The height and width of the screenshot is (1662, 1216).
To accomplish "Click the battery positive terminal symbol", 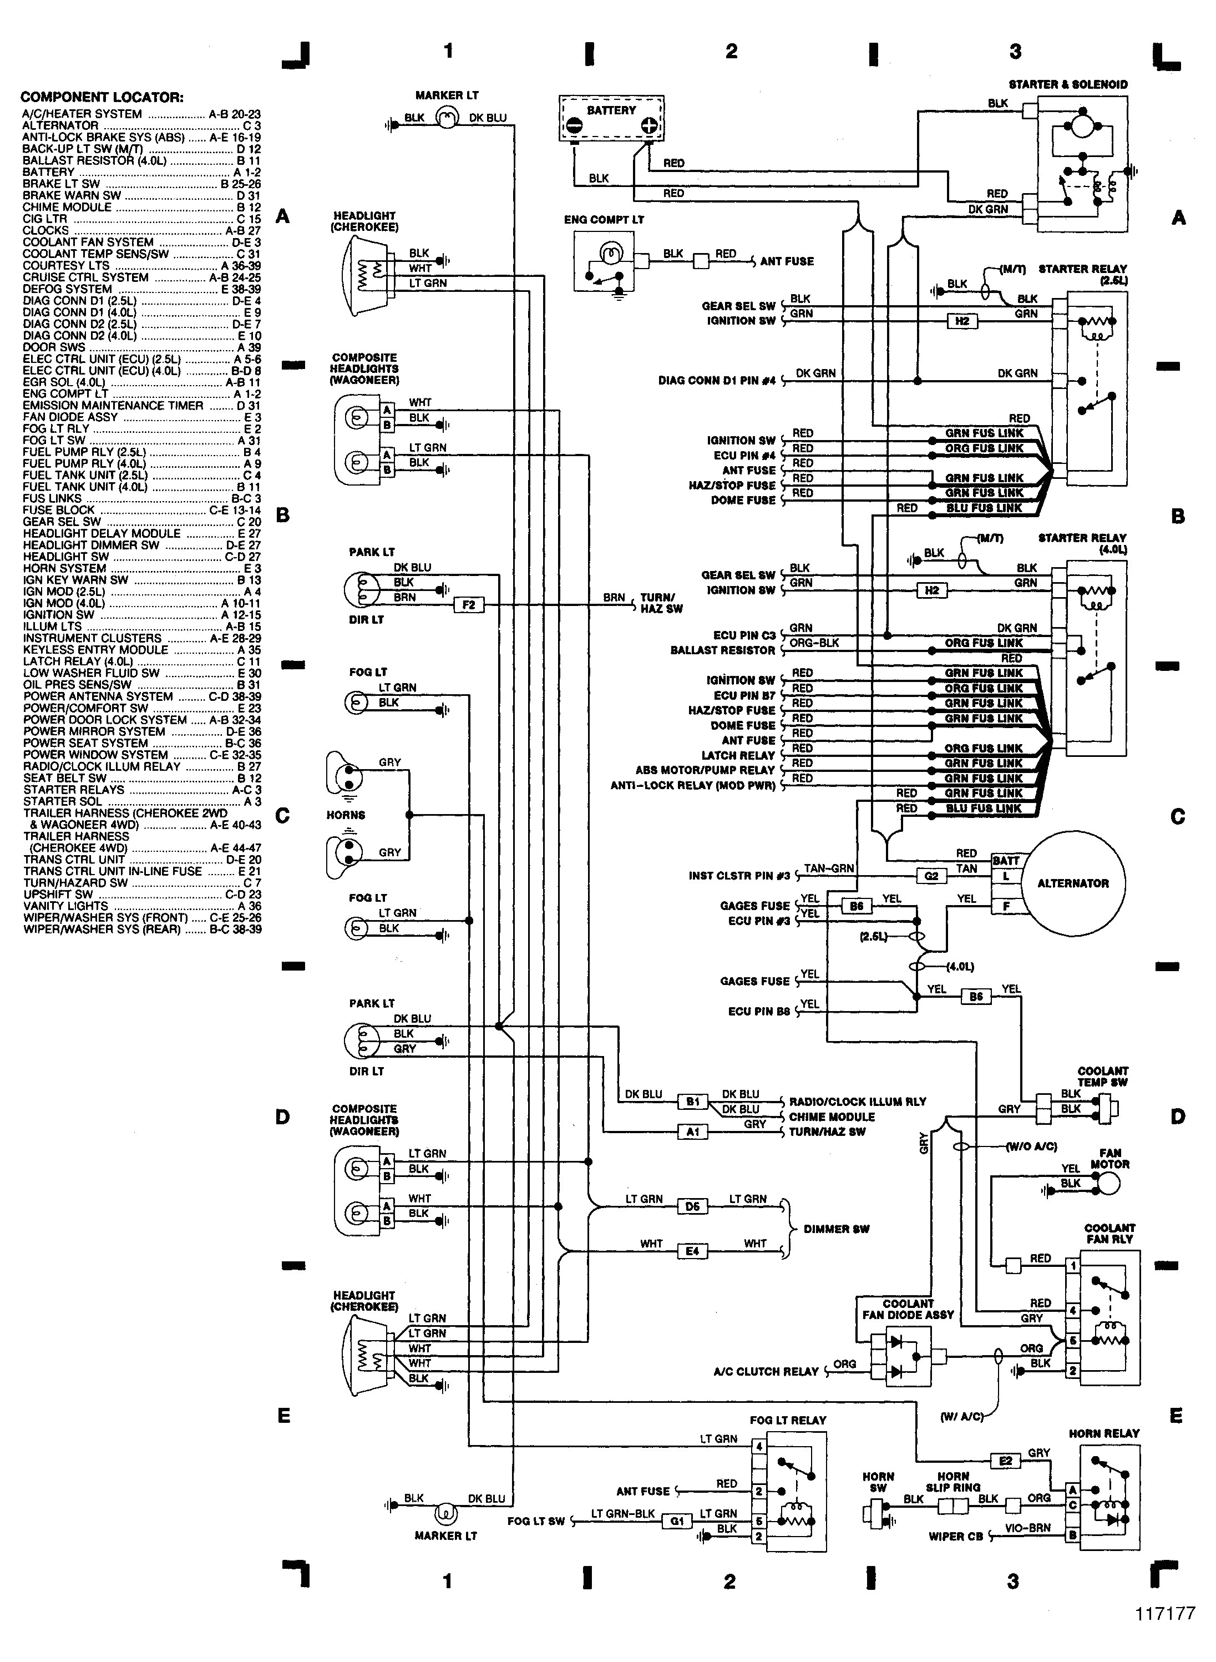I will tap(648, 125).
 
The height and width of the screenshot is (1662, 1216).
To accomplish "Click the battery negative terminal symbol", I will tap(575, 125).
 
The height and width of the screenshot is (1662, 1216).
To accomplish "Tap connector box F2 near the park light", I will tap(469, 605).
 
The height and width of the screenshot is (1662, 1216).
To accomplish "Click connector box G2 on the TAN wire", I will tap(931, 876).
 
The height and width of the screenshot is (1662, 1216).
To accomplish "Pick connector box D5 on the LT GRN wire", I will tap(692, 1206).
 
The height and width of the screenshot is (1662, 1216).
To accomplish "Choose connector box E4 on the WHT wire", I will tap(692, 1251).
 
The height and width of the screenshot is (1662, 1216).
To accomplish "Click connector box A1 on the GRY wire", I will tap(692, 1132).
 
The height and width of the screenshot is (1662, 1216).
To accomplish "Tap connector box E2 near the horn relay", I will tap(1006, 1461).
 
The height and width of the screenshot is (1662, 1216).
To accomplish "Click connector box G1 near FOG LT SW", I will tap(676, 1520).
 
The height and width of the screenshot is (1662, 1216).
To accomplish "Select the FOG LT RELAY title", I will tap(788, 1419).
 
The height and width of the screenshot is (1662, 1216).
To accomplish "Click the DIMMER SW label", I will tap(836, 1229).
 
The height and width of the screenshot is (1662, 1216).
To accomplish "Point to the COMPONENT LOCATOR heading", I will tap(102, 97).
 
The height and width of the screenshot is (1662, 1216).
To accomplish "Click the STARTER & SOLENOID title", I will tap(1067, 85).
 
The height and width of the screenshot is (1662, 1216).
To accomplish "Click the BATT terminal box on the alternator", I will tap(1006, 861).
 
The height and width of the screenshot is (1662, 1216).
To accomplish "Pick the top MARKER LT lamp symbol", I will tap(447, 117).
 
